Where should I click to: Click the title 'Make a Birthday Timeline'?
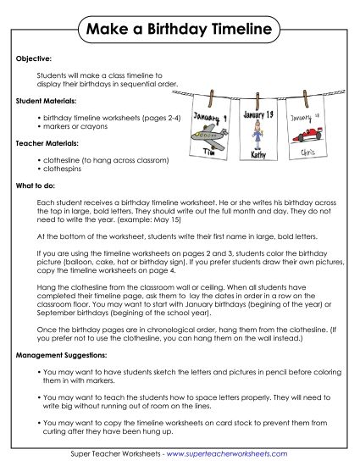[180, 31]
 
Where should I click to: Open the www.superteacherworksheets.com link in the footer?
[235, 457]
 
